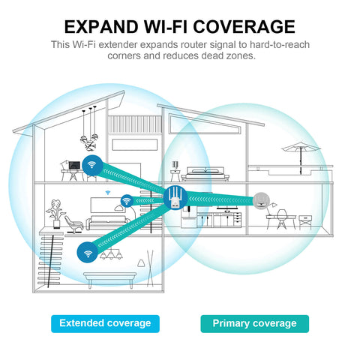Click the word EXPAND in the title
click(x=101, y=27)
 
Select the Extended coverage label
click(x=105, y=323)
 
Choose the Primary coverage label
click(x=254, y=323)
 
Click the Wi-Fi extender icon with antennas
click(x=175, y=198)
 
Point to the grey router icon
click(x=261, y=200)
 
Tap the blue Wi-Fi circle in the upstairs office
click(x=92, y=165)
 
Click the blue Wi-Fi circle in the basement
click(x=88, y=253)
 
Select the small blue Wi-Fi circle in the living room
click(x=127, y=201)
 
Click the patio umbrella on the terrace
click(x=301, y=155)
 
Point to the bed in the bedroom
click(x=205, y=174)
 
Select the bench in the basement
click(x=110, y=280)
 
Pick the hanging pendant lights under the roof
click(x=89, y=129)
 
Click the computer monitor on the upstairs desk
click(x=74, y=166)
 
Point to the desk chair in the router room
click(x=282, y=219)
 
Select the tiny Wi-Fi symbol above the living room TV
click(x=108, y=193)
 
